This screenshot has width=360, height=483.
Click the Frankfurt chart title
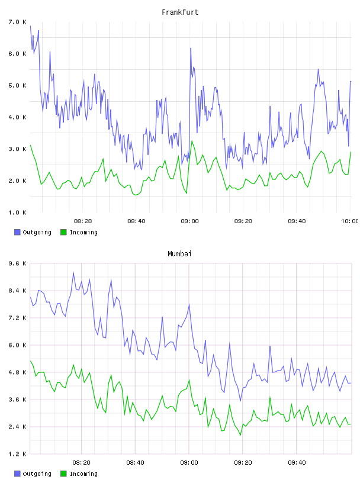180,12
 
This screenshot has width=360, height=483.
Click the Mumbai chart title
179,254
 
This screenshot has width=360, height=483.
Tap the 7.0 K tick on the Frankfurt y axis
17,22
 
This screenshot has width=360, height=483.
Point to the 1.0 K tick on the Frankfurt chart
17,212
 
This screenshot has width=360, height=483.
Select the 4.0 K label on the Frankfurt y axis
17,117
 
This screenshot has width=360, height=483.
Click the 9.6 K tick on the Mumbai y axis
17,263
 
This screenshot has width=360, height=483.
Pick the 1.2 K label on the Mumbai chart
17,454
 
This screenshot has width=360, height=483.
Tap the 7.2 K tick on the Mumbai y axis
17,318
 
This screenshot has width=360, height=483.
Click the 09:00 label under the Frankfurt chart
190,221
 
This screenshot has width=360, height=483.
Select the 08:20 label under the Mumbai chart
81,463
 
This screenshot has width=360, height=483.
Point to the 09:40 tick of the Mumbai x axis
297,463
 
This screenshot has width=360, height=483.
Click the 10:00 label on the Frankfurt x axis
349,221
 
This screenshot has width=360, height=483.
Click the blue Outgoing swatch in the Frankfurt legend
17,232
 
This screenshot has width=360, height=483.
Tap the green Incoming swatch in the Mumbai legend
63,474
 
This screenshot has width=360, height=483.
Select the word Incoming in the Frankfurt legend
83,233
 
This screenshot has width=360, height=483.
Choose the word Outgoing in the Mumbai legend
37,474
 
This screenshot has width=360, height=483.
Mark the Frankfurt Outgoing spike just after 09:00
191,48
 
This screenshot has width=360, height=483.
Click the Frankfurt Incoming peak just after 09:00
192,141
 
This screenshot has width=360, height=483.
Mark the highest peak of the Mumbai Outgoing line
73,272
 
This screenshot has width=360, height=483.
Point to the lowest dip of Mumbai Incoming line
240,435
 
